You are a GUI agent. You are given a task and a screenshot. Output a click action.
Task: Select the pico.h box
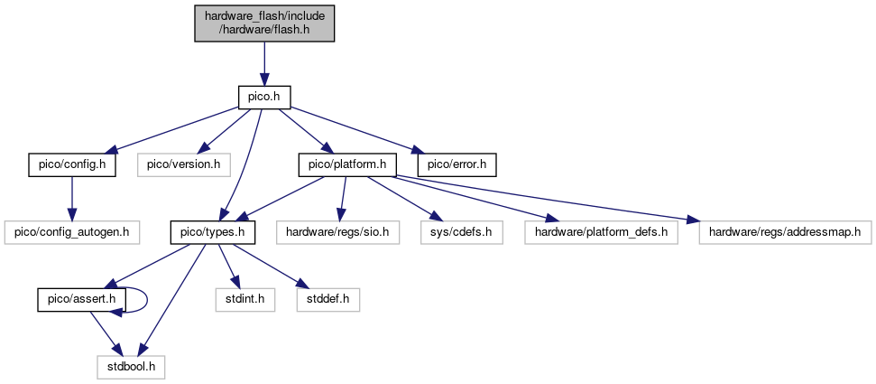264,96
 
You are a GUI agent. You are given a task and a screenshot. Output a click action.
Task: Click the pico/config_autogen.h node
72,232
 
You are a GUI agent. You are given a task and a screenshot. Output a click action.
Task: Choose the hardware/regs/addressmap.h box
785,232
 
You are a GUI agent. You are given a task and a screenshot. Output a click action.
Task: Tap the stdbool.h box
131,368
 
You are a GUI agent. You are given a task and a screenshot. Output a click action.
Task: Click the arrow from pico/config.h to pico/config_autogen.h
72,198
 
